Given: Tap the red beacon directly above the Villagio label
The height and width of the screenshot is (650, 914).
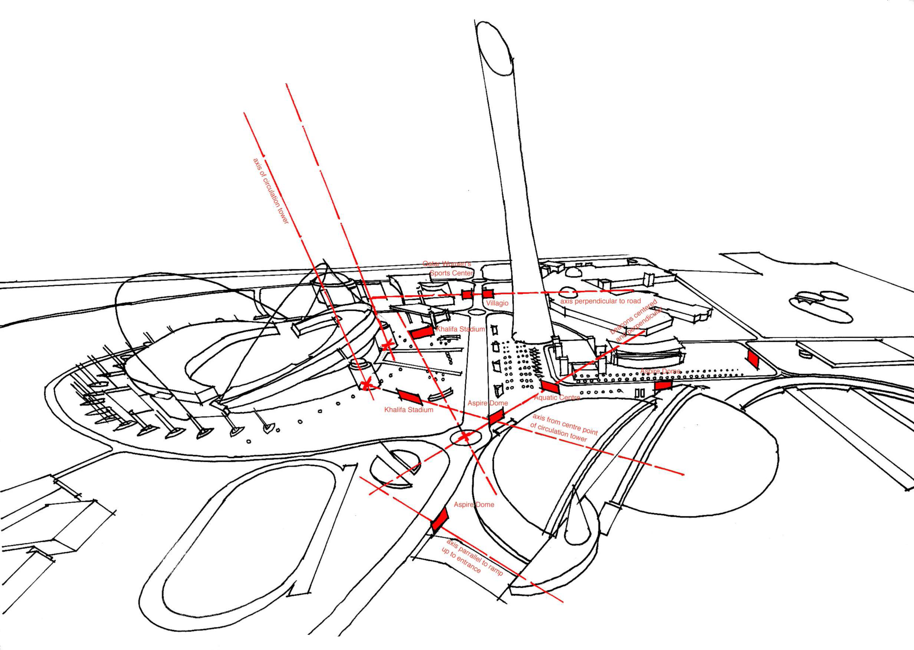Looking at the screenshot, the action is point(486,293).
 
